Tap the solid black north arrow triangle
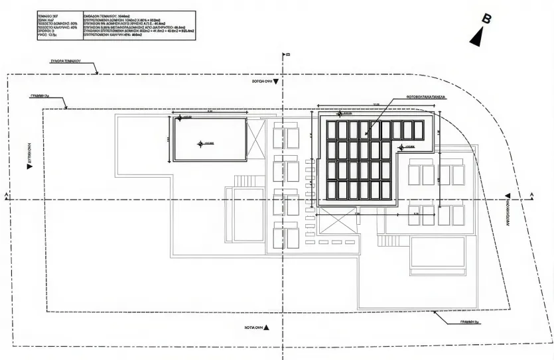tap(476, 38)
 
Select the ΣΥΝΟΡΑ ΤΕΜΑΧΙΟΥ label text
tap(64, 60)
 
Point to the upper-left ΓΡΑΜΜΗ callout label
tap(41, 96)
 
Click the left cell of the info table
tap(60, 26)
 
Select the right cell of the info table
tap(139, 26)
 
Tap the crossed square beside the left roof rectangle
tap(255, 140)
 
